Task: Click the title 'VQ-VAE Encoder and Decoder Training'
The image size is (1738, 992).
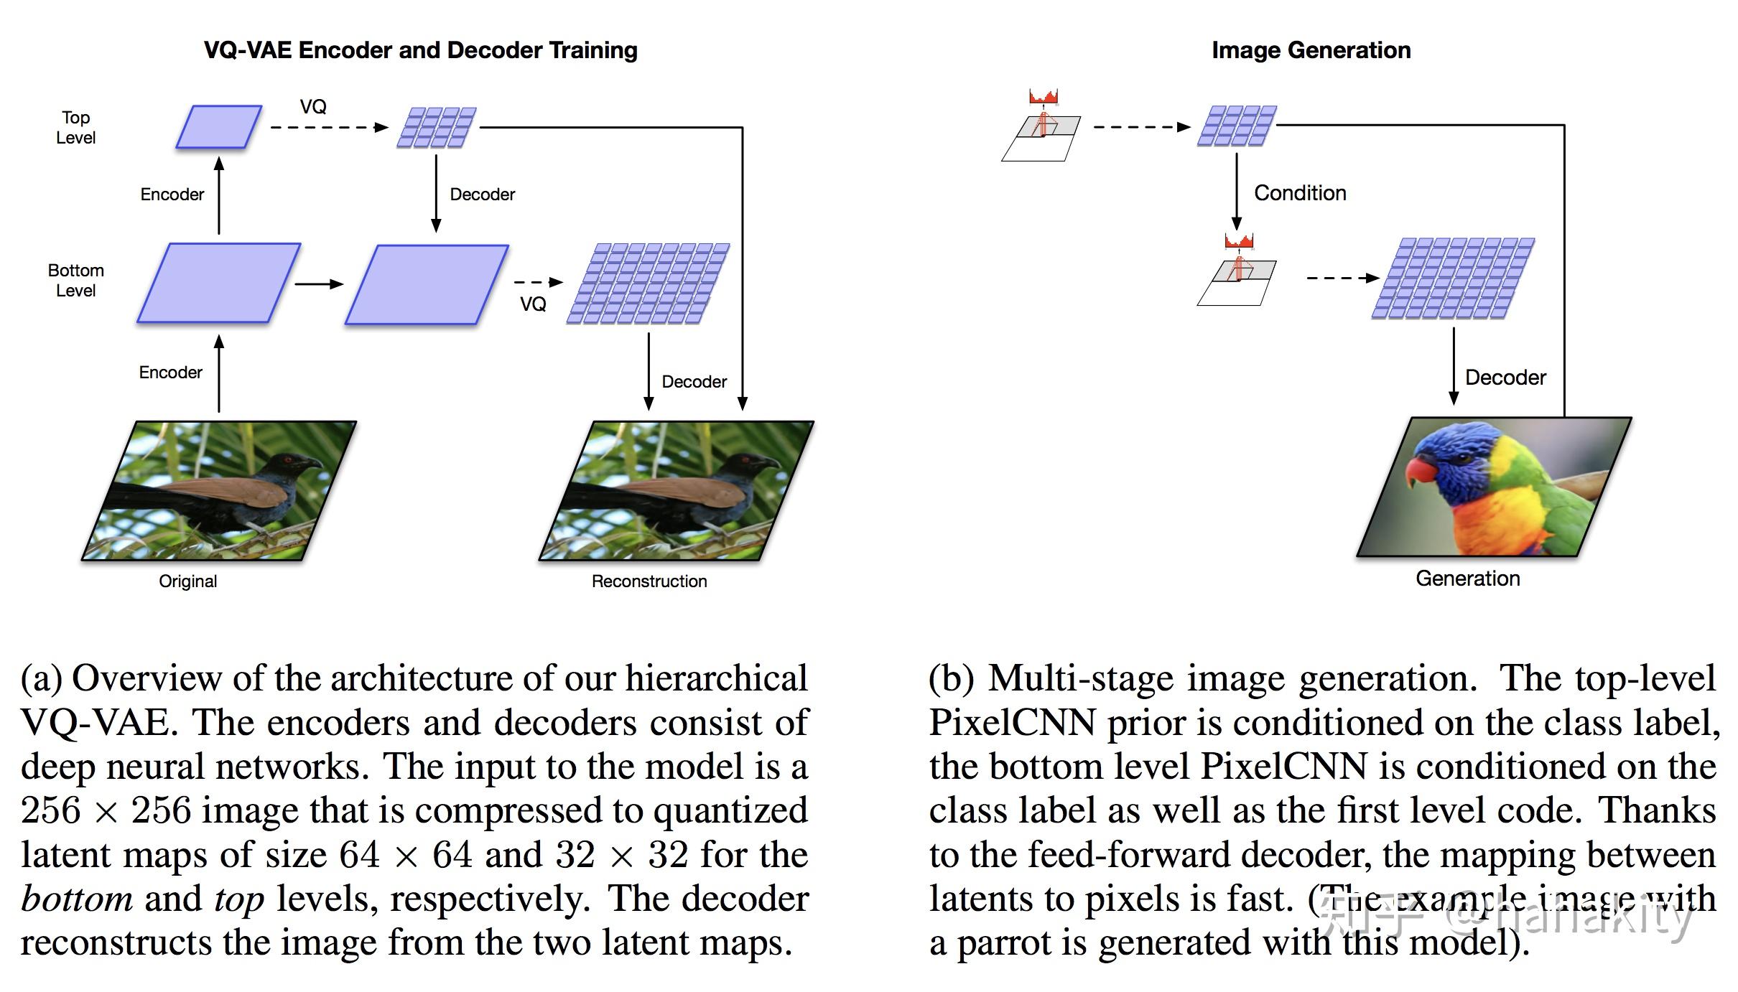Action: point(420,50)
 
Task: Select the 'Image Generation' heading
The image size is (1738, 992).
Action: point(1311,50)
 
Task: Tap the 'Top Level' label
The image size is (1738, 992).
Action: point(75,127)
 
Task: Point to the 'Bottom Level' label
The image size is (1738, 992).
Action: point(75,280)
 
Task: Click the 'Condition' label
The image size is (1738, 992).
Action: point(1300,193)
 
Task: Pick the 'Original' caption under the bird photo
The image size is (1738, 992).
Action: point(187,581)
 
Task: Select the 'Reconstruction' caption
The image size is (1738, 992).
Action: point(649,581)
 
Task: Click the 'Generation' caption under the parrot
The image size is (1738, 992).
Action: point(1467,579)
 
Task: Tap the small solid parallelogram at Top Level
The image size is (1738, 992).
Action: point(218,127)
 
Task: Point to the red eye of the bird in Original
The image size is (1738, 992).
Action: point(288,459)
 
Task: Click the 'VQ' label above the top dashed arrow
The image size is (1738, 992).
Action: point(313,107)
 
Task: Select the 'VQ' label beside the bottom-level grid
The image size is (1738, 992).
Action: point(533,304)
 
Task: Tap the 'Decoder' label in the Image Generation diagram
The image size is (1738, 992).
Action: point(1505,378)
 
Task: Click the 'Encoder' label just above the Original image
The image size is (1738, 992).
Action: point(170,373)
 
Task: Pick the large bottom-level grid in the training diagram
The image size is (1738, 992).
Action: point(648,284)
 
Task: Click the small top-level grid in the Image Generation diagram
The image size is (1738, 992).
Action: point(1236,126)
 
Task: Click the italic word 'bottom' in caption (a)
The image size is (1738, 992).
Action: point(76,899)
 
